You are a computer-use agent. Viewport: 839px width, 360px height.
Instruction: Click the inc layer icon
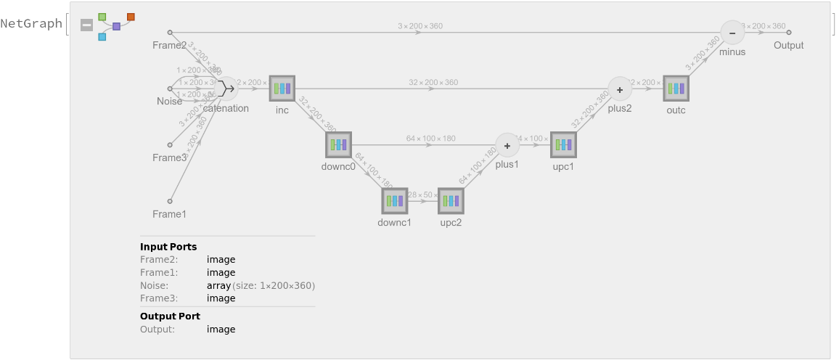[x=282, y=89]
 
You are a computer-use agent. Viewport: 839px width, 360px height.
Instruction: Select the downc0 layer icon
[x=338, y=144]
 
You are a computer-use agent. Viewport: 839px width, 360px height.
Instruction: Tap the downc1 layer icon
[x=395, y=200]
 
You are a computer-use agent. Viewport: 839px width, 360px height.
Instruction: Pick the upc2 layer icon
[x=451, y=200]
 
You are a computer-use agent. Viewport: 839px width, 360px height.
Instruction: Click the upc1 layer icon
[x=563, y=144]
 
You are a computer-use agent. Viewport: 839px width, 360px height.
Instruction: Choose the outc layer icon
[x=676, y=89]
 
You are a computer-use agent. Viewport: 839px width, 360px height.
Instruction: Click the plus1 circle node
[x=507, y=144]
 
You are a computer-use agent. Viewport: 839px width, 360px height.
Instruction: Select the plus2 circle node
[x=620, y=89]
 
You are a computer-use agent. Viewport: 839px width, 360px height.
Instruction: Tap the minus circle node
[x=732, y=33]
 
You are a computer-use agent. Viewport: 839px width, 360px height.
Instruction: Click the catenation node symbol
[x=226, y=89]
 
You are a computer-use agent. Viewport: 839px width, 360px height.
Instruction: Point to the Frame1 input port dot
[x=170, y=201]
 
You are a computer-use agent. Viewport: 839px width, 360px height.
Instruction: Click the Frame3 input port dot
[x=170, y=144]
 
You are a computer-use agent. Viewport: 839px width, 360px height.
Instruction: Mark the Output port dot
[x=789, y=33]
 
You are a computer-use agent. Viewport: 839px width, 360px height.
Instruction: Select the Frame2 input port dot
[x=170, y=33]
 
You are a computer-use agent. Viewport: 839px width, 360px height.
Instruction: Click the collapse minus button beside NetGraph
[x=86, y=25]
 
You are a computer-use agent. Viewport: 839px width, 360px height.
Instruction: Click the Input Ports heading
[x=168, y=247]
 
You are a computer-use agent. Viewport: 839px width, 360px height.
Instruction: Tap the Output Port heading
[x=170, y=316]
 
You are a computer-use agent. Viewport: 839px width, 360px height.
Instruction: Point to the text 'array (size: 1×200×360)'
[x=261, y=285]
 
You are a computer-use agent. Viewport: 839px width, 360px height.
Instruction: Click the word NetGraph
[x=31, y=24]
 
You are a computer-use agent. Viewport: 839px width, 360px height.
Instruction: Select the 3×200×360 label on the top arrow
[x=420, y=26]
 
